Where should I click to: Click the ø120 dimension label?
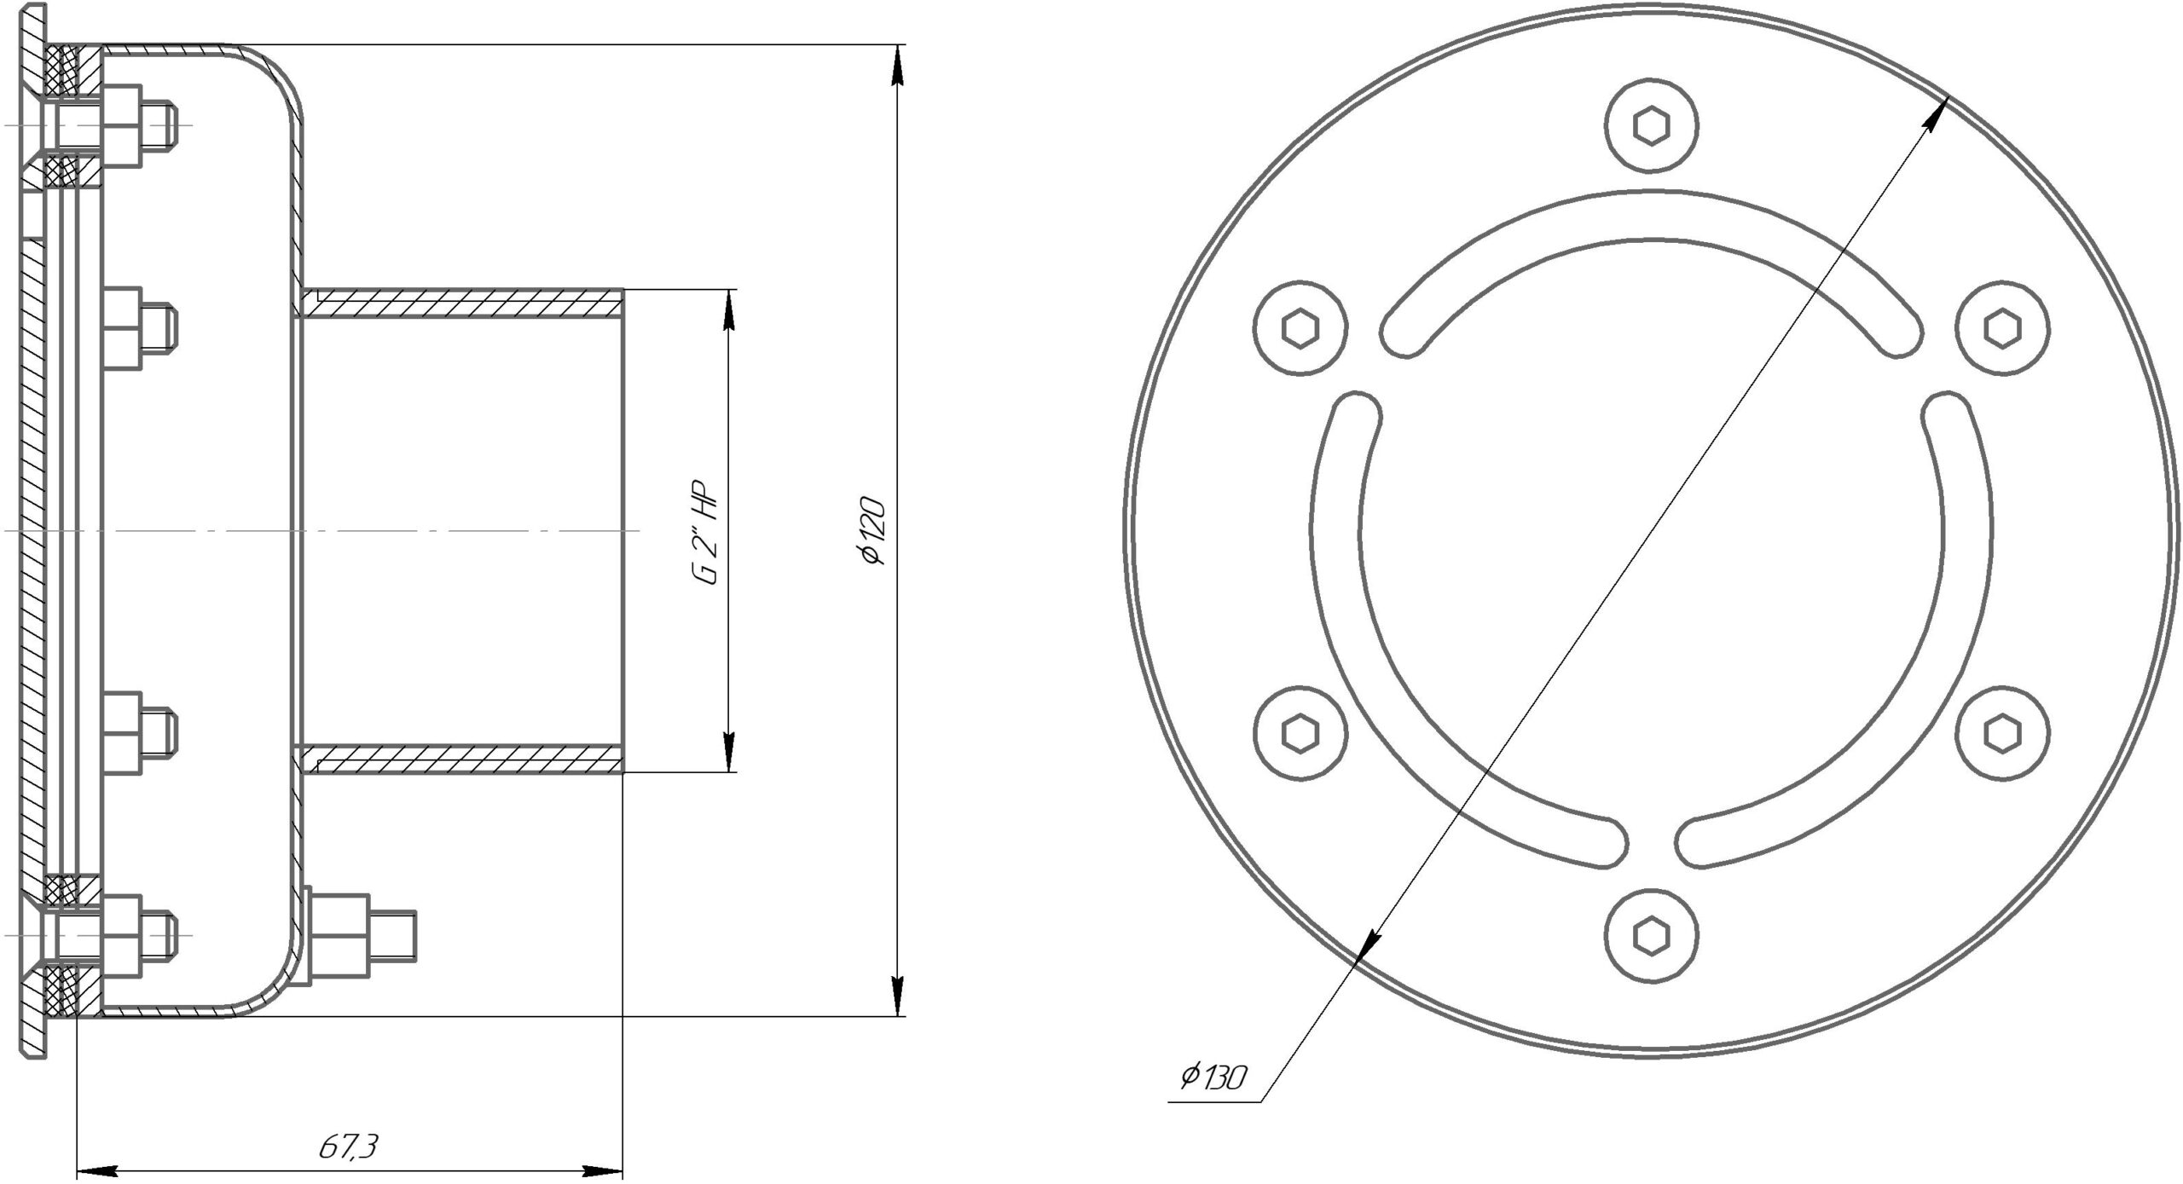[875, 530]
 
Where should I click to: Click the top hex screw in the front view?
[1652, 126]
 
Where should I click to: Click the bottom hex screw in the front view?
[1652, 936]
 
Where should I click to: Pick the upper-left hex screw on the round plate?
[1301, 328]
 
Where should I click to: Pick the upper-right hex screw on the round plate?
[2002, 328]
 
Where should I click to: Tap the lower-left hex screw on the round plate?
[1301, 733]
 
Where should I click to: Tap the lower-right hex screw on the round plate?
[2002, 733]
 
